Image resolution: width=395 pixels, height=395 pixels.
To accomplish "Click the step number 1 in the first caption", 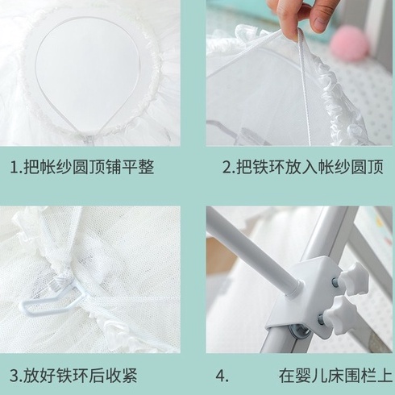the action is click(x=14, y=168).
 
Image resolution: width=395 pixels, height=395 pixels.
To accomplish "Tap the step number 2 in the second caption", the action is click(x=227, y=168).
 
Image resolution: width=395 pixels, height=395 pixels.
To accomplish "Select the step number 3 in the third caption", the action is click(x=15, y=376).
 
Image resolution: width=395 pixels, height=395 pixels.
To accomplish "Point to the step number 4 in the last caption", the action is click(x=220, y=376).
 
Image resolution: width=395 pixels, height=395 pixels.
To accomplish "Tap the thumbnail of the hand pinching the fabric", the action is click(x=299, y=73).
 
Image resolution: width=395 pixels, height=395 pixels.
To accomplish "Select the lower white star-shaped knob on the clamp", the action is click(x=342, y=311).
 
